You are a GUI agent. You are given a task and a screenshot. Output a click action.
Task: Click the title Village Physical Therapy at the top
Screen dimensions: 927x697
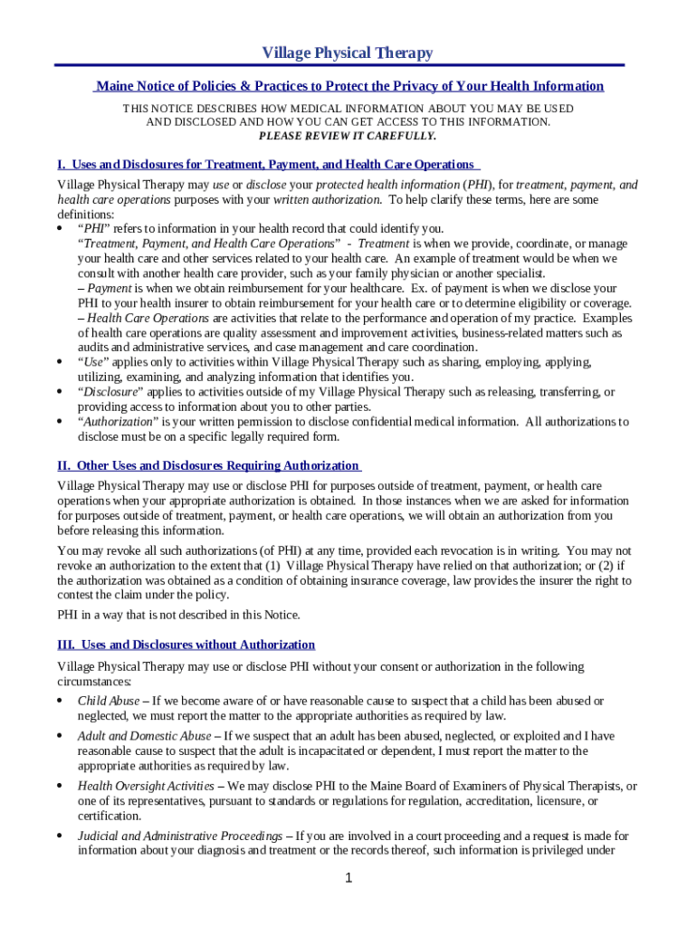pos(348,53)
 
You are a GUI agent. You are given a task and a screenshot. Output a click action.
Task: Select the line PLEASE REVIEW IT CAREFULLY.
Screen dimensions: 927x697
pos(348,136)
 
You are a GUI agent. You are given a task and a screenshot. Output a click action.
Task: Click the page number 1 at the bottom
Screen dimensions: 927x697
pos(348,878)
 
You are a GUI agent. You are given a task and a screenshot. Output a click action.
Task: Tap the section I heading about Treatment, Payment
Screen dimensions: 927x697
pos(268,164)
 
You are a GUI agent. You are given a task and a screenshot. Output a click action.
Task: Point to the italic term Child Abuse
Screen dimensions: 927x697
pos(109,701)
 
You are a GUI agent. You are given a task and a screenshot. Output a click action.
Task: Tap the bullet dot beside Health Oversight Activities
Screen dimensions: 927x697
pos(60,786)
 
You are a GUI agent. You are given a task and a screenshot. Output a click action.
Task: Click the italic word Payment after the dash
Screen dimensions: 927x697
pos(109,288)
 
